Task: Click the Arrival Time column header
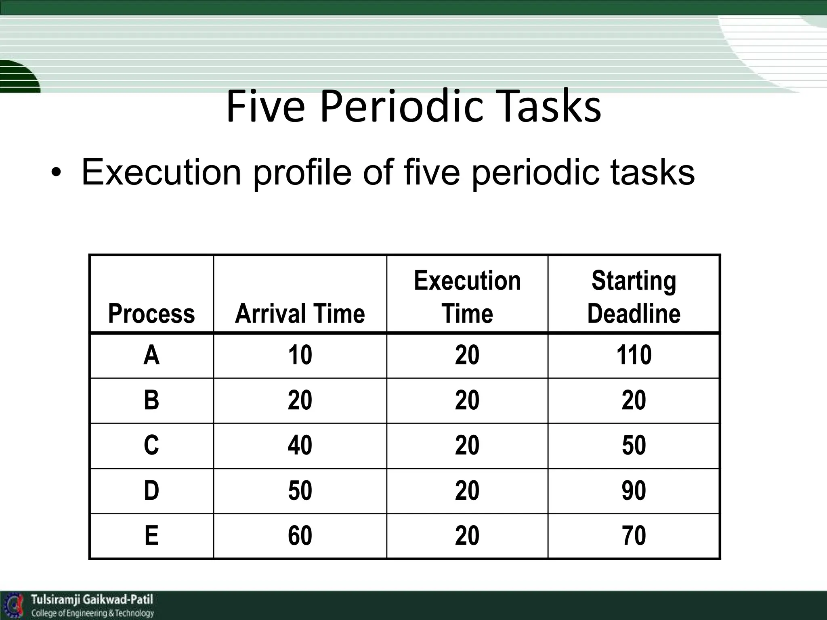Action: (x=300, y=314)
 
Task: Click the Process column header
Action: (x=151, y=314)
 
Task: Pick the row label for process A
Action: (x=151, y=356)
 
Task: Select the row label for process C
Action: (x=151, y=446)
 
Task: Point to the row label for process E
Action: (x=151, y=536)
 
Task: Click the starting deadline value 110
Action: (x=634, y=356)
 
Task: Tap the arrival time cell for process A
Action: (x=300, y=356)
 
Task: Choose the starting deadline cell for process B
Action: (x=634, y=400)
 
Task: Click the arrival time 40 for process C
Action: (x=300, y=446)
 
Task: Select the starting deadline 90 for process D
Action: (x=634, y=491)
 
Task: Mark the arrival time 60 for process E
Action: (x=300, y=536)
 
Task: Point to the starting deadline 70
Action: (x=634, y=536)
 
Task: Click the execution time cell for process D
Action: (x=467, y=491)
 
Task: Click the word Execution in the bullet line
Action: (x=161, y=172)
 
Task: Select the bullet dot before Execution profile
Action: (x=57, y=174)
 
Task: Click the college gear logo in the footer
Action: (x=15, y=605)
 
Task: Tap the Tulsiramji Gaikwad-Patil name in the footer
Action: (x=92, y=599)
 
